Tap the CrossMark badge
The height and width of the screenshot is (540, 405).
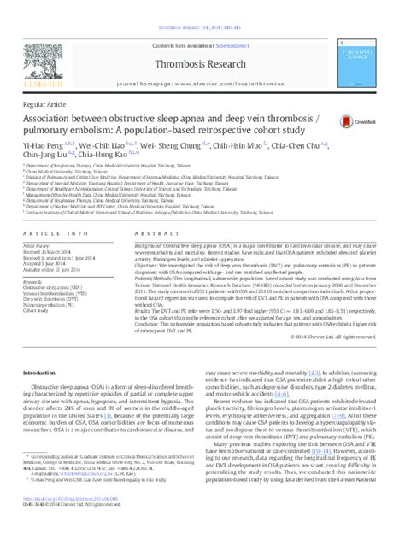click(353, 124)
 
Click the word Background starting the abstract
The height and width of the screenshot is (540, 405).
click(150, 244)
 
